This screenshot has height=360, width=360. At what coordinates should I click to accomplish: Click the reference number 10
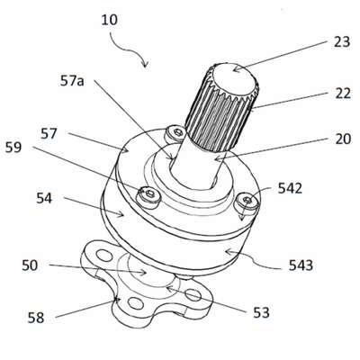coord(110,21)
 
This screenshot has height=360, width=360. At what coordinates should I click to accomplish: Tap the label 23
coord(342,42)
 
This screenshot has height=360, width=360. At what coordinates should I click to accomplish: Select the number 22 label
coord(342,94)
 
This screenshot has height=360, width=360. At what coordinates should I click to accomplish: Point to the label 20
coord(343,139)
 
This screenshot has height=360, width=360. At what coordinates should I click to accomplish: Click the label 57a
coord(72,81)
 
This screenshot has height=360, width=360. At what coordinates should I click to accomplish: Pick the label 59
coord(13,148)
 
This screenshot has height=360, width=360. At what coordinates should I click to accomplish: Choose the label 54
coord(44,198)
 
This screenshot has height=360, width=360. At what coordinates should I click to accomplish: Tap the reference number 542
coord(290,188)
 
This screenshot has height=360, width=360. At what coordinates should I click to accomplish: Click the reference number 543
coord(301,265)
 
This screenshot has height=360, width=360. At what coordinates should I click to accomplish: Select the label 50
coord(30,265)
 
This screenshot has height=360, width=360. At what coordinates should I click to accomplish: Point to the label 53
coord(261,312)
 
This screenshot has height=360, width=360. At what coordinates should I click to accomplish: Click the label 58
coord(36,318)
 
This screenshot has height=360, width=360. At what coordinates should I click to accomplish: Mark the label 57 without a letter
coord(49,134)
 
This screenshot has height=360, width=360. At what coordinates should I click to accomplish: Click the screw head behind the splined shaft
coord(175,133)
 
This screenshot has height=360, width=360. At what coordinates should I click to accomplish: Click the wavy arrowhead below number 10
coord(145,64)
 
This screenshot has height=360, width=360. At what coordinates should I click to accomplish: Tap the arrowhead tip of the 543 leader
coord(225,251)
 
